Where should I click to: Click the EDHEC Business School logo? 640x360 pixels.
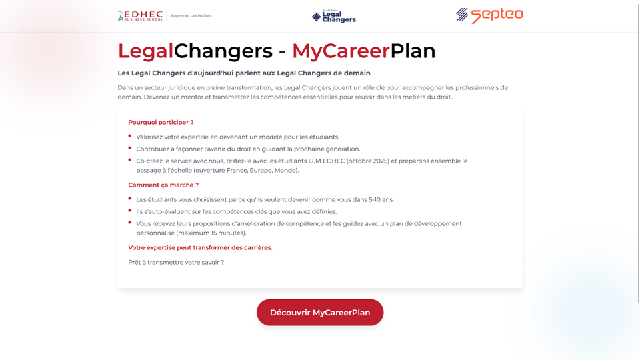(141, 15)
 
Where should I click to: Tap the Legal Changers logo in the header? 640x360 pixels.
(333, 16)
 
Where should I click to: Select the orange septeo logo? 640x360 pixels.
(489, 15)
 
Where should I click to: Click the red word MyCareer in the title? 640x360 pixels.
(341, 51)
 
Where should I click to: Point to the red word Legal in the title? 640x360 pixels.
(145, 51)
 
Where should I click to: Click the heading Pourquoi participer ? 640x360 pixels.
(161, 122)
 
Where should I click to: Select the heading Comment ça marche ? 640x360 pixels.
(163, 185)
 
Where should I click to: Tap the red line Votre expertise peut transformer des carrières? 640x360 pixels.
(200, 247)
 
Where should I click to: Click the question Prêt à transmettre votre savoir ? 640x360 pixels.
(176, 262)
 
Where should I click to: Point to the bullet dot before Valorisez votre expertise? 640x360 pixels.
(129, 136)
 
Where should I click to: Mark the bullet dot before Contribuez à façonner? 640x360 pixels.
(129, 148)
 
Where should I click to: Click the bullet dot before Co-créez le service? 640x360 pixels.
(129, 160)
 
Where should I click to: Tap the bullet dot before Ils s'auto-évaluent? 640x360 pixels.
(129, 211)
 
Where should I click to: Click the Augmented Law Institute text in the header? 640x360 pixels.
(191, 15)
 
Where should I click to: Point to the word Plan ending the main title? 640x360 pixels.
(413, 51)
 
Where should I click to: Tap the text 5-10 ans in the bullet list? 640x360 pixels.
(381, 199)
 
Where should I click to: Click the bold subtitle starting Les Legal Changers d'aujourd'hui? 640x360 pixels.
(244, 73)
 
